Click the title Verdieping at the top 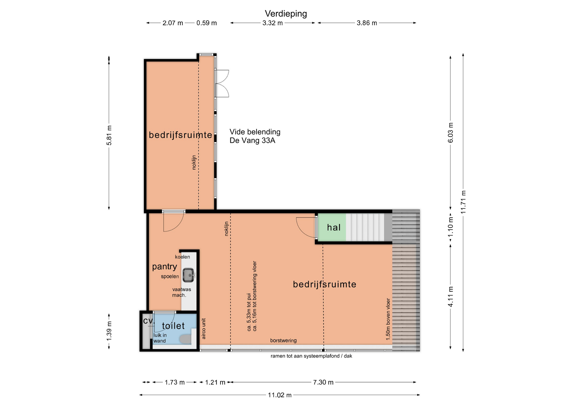286,14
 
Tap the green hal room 332,227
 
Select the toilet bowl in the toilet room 186,339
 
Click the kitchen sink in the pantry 189,275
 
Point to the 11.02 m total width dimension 280,395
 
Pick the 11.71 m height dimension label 463,202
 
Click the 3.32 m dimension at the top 273,23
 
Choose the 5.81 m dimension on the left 109,135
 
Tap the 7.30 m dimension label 323,382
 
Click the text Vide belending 255,132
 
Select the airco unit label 204,329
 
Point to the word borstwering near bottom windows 283,341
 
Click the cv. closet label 149,321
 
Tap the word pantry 164,267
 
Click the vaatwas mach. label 181,292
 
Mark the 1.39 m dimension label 109,331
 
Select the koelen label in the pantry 182,257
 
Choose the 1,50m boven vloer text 388,319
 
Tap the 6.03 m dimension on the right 450,133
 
